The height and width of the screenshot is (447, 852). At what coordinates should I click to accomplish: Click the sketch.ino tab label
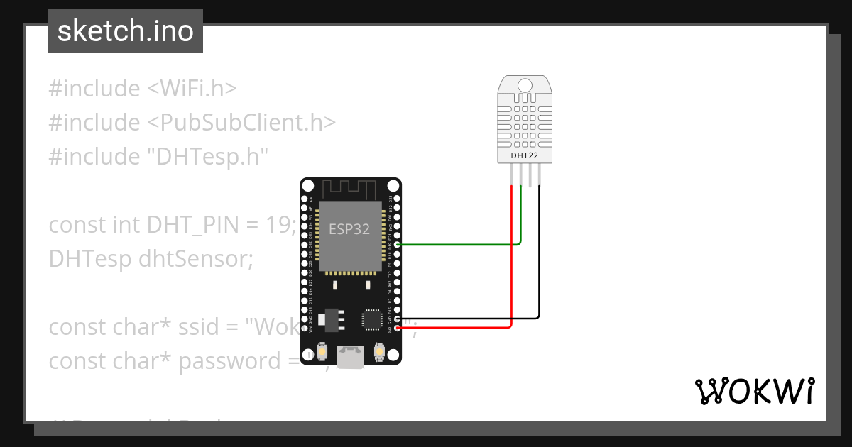click(126, 32)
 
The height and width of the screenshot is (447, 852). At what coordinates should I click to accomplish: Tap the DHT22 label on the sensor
click(525, 155)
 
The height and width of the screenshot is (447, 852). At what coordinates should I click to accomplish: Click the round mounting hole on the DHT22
click(525, 86)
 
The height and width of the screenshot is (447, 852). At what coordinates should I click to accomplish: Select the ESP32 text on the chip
click(349, 229)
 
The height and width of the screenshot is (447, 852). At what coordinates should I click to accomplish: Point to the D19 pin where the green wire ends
click(397, 245)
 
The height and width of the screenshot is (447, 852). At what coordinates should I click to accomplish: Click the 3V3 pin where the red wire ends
click(397, 328)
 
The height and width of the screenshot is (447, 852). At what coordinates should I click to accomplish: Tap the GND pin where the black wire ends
click(397, 319)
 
